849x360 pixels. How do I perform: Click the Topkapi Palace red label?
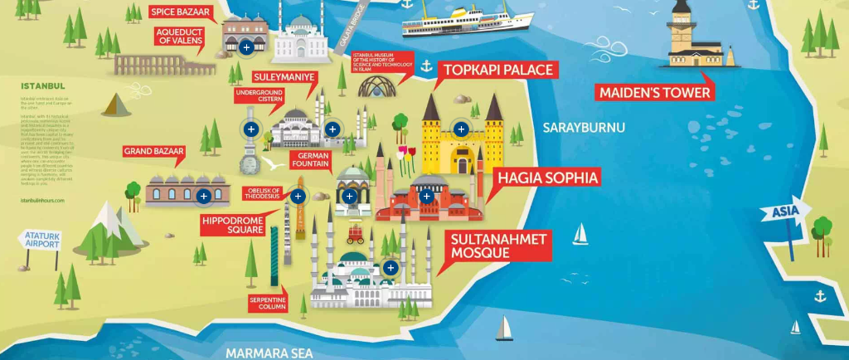(498, 70)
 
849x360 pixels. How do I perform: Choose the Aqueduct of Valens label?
(178, 37)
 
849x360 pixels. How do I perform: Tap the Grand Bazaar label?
(153, 152)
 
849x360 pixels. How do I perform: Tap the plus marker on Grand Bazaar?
(204, 197)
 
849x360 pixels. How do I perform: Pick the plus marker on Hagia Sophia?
(426, 197)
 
